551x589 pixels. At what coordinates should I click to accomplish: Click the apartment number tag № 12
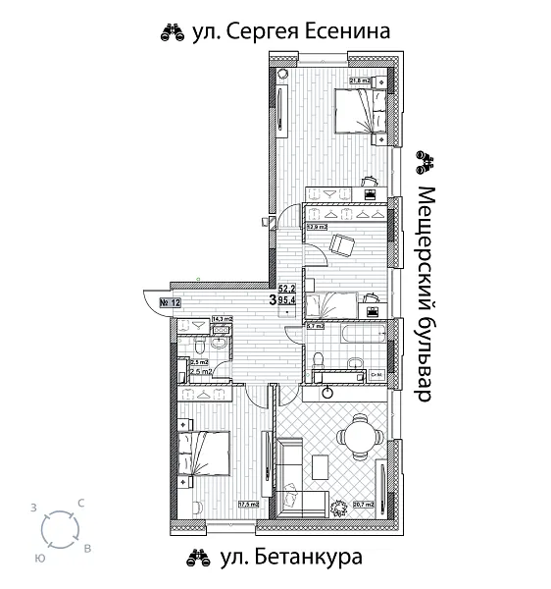pos(170,302)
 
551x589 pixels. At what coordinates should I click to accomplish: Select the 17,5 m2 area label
pos(248,506)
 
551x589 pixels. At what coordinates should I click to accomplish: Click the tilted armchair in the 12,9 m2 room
pos(341,245)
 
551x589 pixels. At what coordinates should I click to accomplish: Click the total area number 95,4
pos(287,302)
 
